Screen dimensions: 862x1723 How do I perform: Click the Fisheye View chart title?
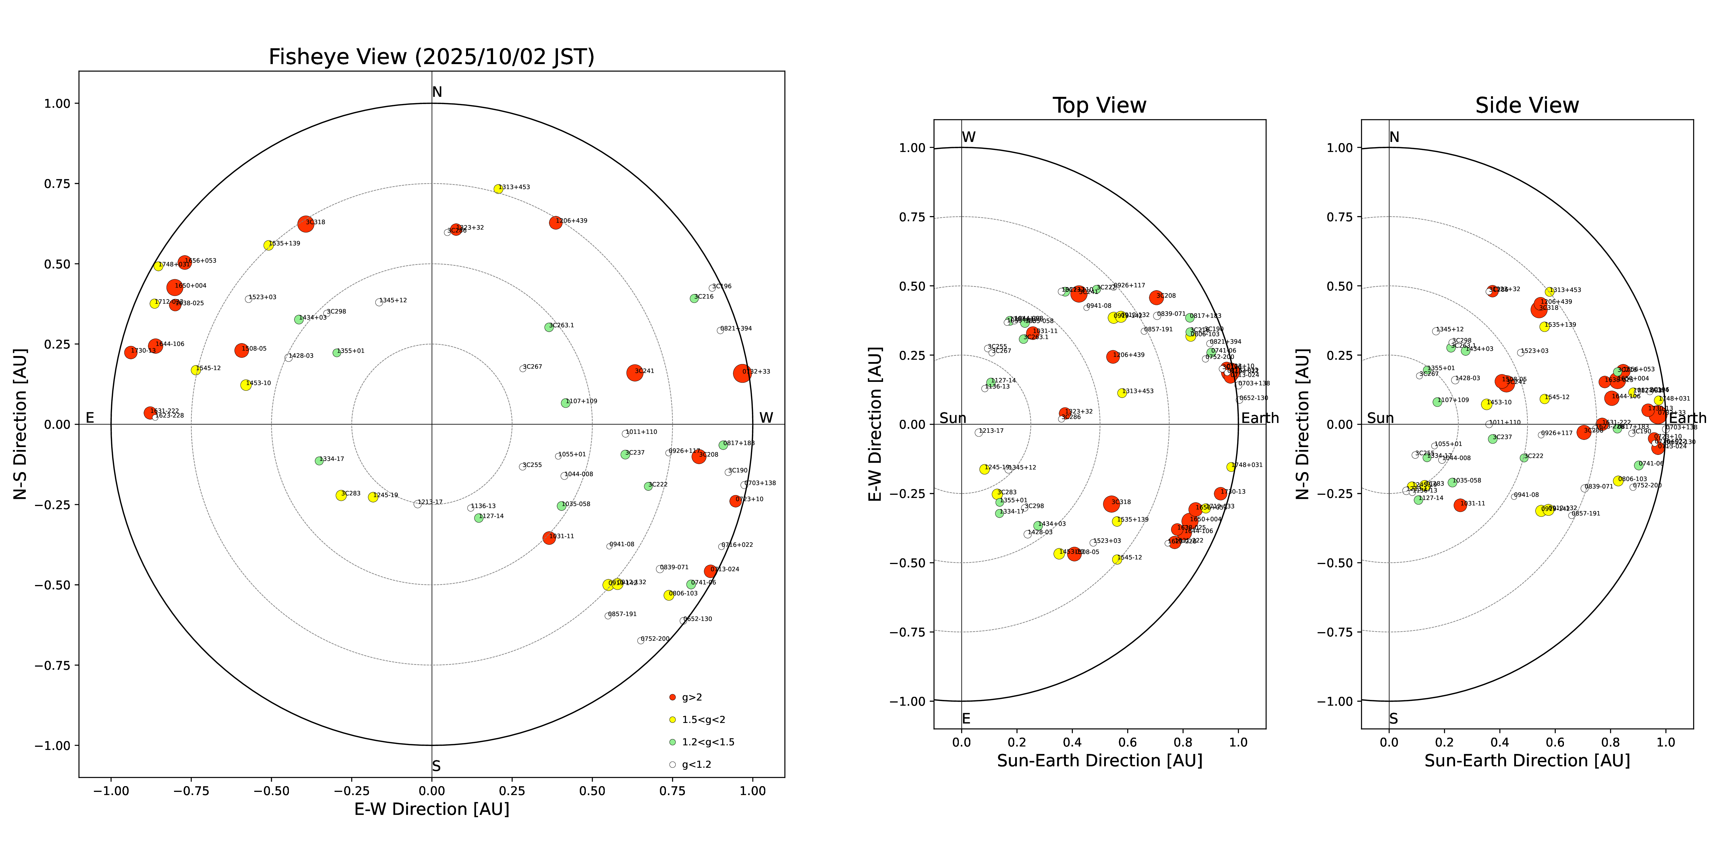pos(431,57)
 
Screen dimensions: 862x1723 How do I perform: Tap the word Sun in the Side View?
pos(1380,418)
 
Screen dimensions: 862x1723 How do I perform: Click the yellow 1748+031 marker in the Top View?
pos(1231,466)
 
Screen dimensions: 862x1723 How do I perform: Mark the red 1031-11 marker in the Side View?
pos(1460,505)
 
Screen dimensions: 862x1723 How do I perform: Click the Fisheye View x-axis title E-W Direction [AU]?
pos(431,809)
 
